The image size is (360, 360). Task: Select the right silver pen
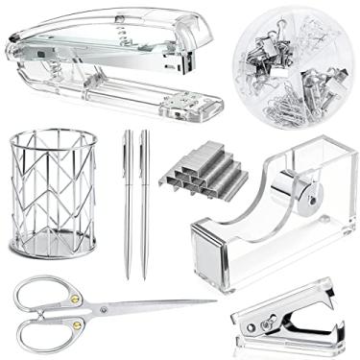point(144,202)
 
